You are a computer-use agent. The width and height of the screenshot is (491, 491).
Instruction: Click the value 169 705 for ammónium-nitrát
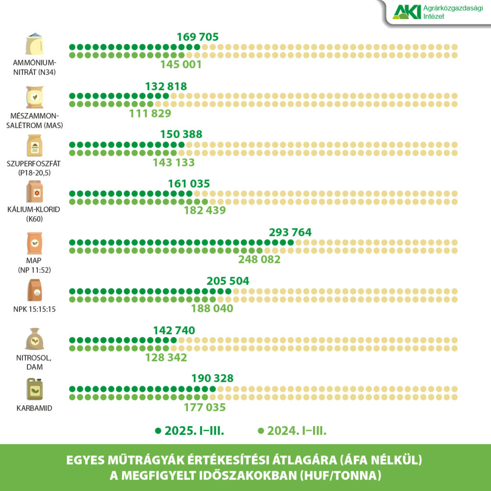click(198, 37)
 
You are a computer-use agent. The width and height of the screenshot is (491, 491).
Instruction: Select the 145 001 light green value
click(181, 65)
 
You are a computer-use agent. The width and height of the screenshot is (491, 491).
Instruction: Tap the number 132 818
click(166, 86)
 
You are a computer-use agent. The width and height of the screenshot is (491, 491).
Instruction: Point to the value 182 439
click(205, 210)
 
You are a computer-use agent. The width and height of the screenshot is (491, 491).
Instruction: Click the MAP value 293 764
click(290, 233)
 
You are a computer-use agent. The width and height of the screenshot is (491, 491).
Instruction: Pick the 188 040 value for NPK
click(212, 309)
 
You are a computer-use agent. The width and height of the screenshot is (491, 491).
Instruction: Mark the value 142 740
click(174, 330)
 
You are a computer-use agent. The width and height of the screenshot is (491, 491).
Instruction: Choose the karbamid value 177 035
click(205, 408)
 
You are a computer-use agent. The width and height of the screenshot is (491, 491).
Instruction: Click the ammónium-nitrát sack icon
click(35, 45)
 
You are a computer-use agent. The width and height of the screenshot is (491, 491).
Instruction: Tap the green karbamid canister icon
click(35, 390)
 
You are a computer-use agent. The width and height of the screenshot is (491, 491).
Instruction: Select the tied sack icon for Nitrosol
click(35, 339)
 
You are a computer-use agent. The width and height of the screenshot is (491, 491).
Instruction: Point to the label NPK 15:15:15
click(35, 309)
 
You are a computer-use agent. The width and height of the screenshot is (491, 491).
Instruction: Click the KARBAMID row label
click(35, 409)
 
